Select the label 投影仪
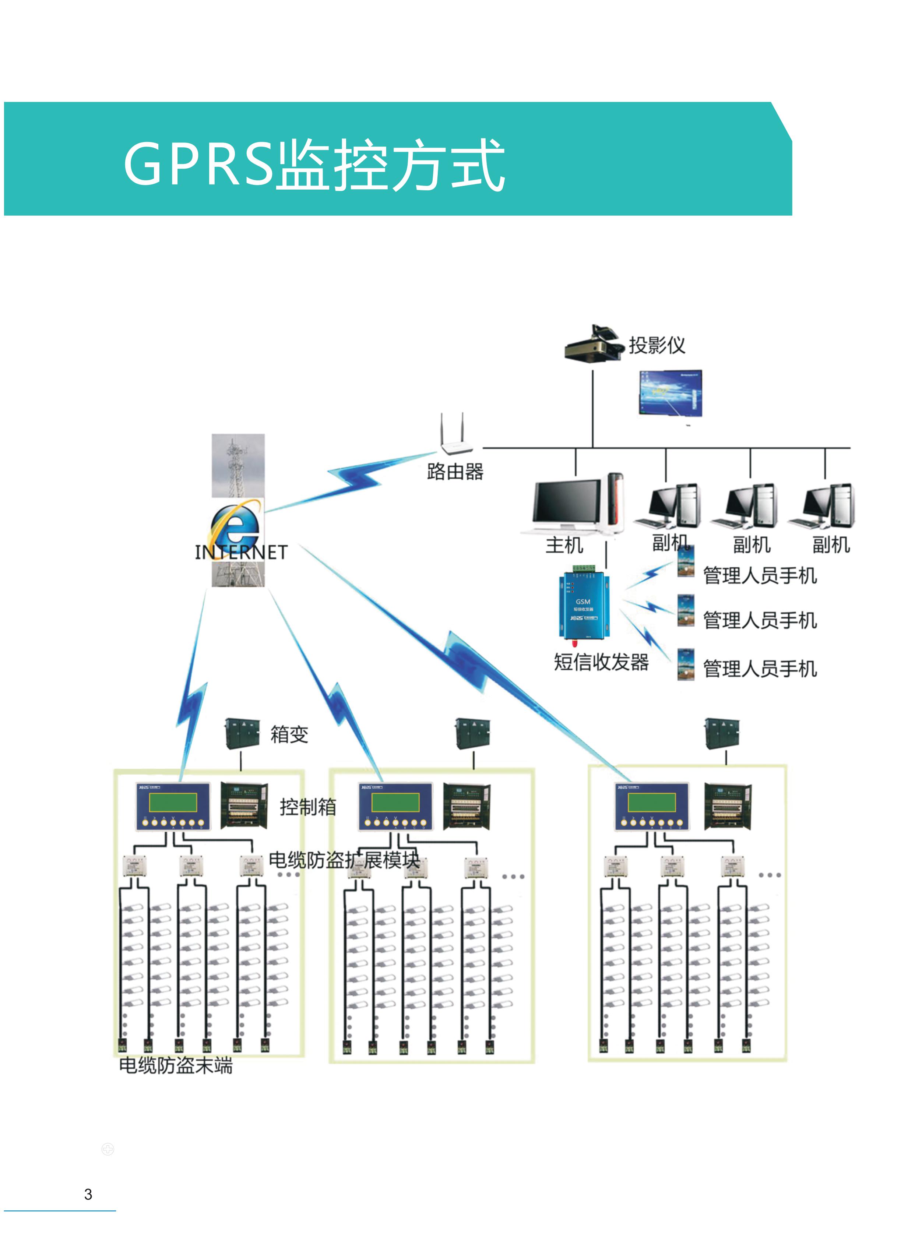point(657,345)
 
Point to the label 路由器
point(455,472)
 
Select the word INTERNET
point(241,552)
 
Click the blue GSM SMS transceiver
point(584,605)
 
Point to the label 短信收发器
point(601,662)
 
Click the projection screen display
point(670,393)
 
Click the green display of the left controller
point(173,802)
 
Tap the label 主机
point(564,545)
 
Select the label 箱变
point(289,734)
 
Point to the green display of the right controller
point(651,802)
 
